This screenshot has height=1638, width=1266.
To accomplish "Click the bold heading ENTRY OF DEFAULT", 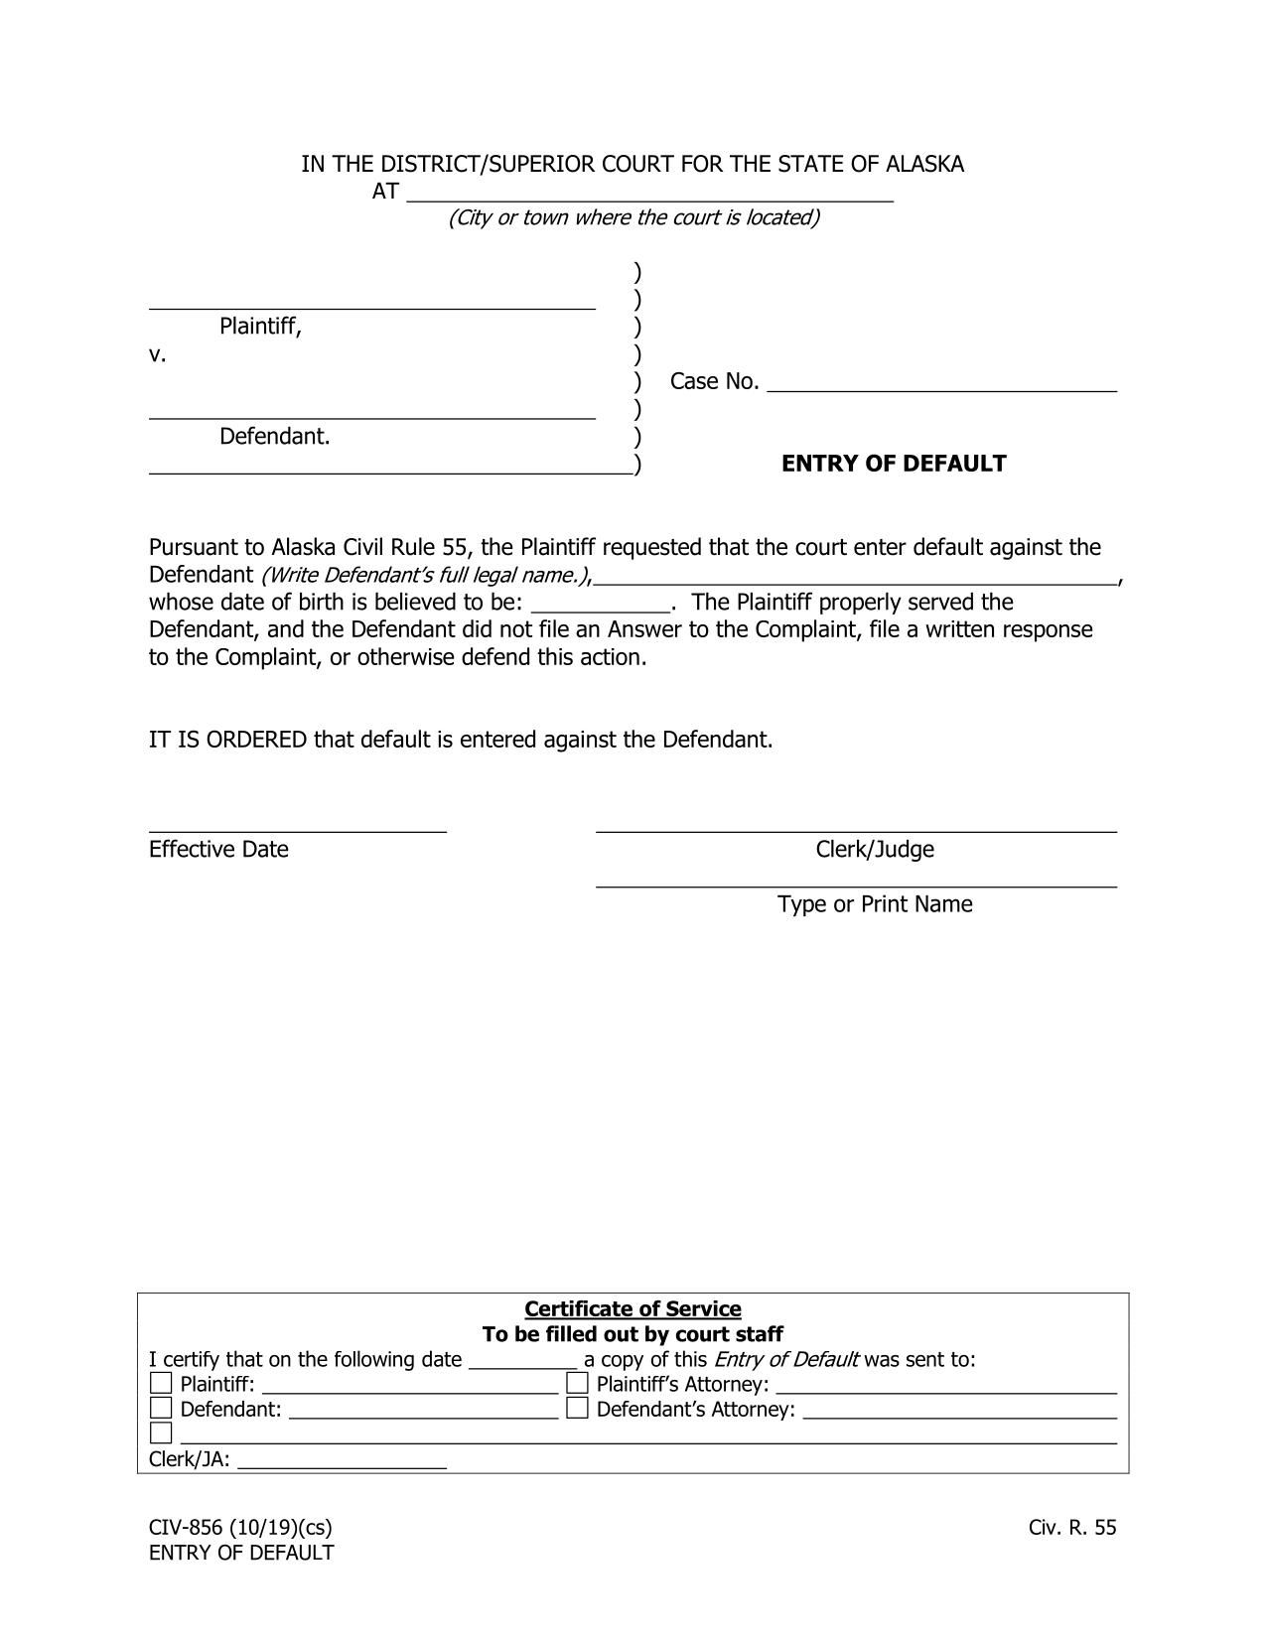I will [x=894, y=464].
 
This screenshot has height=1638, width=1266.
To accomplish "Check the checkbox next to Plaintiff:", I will [x=161, y=1383].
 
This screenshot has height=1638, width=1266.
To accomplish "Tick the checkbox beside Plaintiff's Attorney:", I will [x=577, y=1383].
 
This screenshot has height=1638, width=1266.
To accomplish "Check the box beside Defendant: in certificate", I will [x=161, y=1408].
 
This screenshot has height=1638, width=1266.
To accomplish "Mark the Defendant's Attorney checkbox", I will [x=577, y=1408].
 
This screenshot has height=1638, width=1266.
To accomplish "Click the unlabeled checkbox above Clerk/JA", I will [x=161, y=1433].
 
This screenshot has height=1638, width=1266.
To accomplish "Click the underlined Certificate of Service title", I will [x=633, y=1308].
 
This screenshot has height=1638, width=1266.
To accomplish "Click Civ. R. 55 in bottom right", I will [x=1072, y=1528].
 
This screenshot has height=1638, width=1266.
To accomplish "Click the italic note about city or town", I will [x=633, y=217].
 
